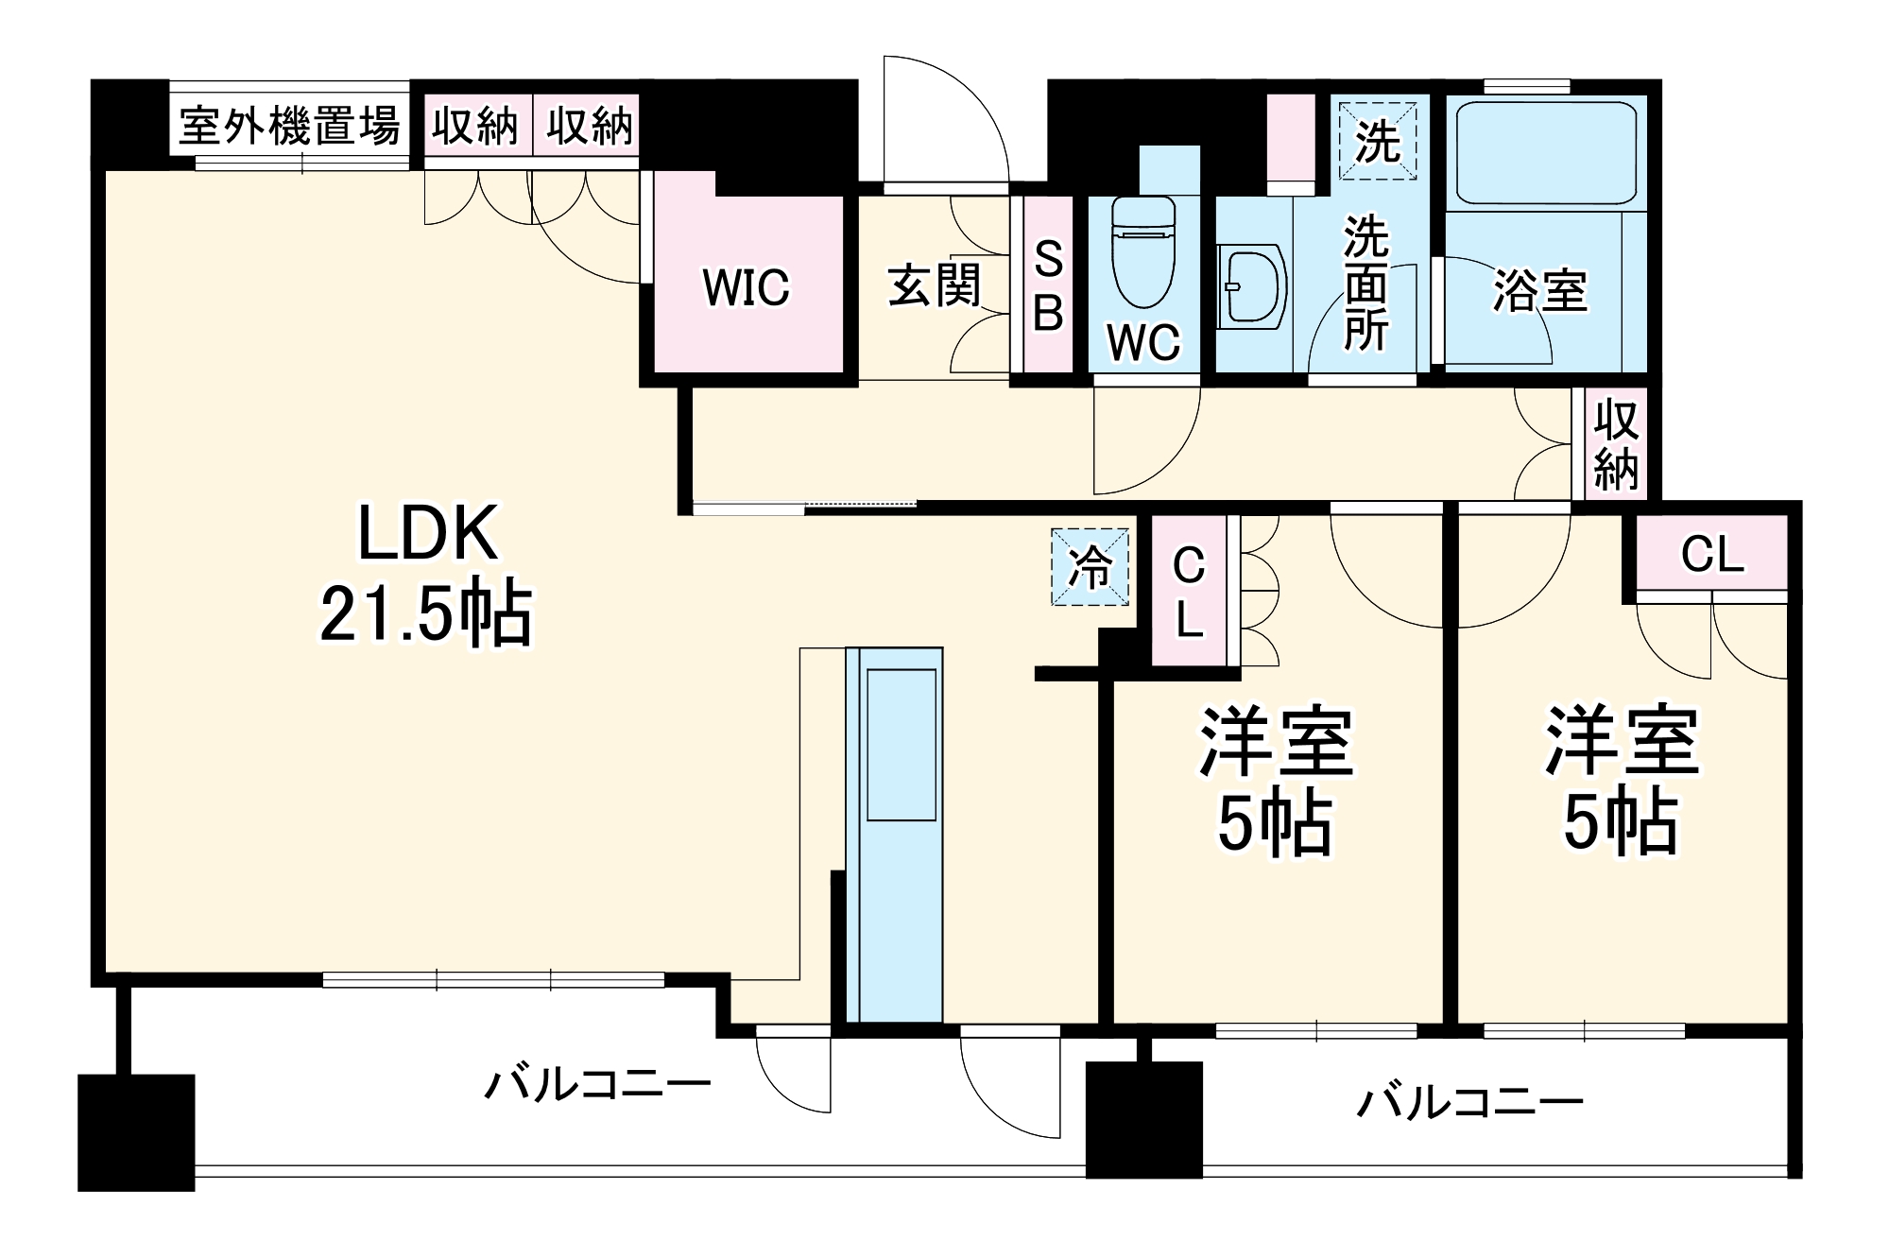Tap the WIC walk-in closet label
[746, 287]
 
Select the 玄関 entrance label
[934, 285]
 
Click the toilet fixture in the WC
[1142, 250]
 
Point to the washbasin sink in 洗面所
[1252, 285]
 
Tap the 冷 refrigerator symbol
[1090, 567]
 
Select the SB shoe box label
[1048, 285]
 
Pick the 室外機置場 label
[289, 126]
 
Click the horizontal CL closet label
[1711, 555]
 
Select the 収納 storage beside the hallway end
[1616, 444]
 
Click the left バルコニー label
[597, 1084]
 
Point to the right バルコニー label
[1469, 1102]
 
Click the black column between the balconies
[1143, 1119]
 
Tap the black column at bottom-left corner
[135, 1131]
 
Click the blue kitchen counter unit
[894, 832]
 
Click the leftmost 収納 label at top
[476, 126]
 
